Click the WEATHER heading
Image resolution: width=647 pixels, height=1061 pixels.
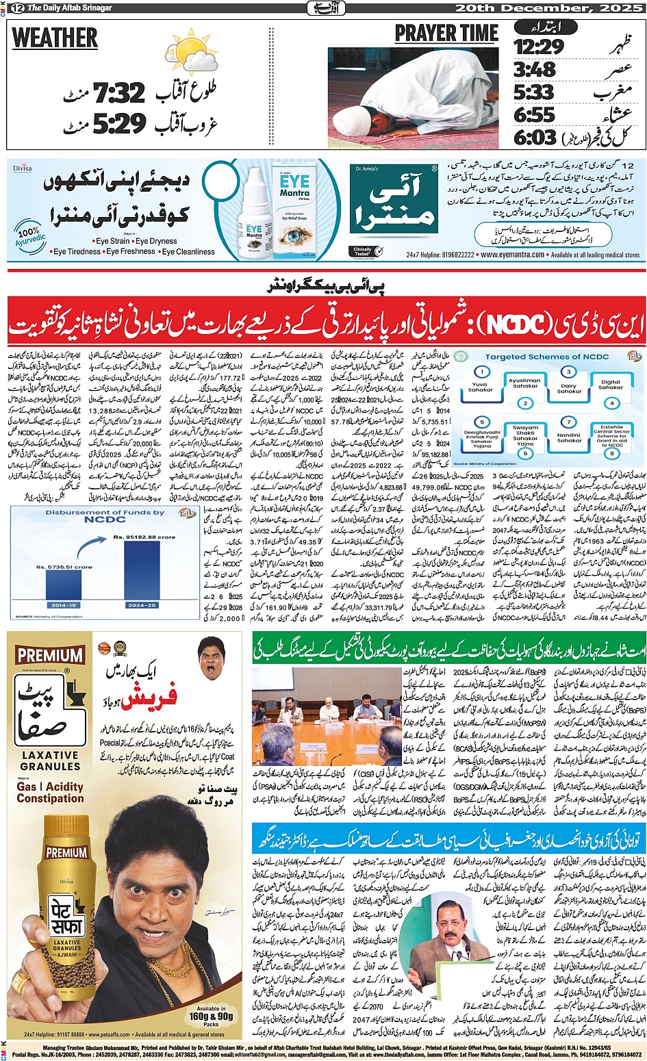pos(55,38)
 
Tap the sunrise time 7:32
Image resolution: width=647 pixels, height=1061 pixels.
pos(120,93)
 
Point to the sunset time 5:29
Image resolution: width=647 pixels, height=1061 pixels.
pos(120,124)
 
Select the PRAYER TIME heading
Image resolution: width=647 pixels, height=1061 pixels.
pos(446,34)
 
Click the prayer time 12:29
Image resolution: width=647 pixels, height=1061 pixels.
pos(539,47)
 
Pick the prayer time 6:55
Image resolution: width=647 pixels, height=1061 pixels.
pos(534,114)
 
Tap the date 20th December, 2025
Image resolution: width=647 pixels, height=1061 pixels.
pos(548,8)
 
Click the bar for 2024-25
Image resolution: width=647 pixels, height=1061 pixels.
pos(142,570)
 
